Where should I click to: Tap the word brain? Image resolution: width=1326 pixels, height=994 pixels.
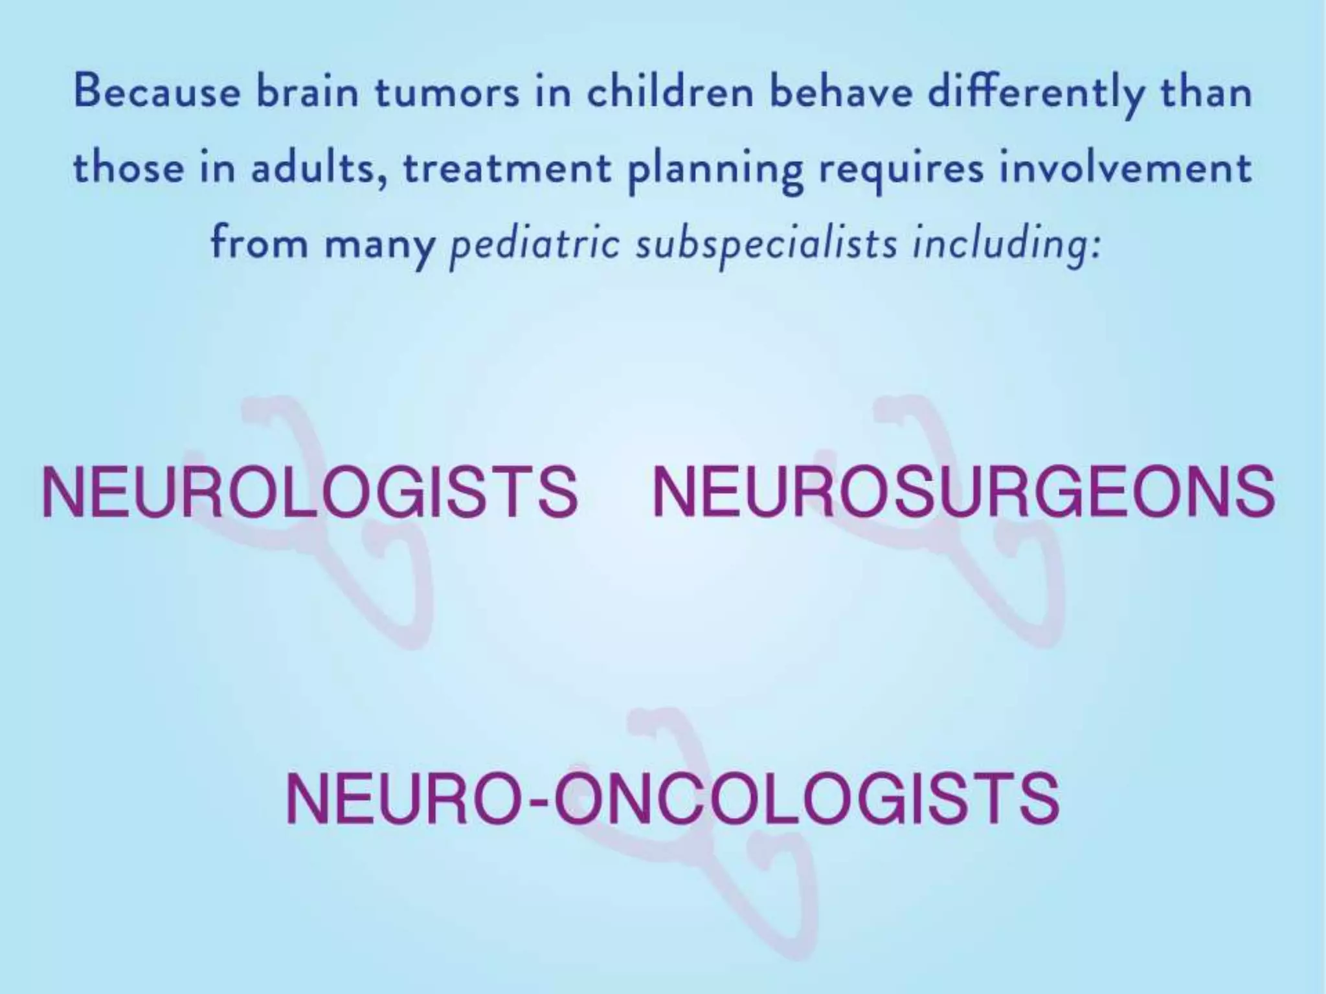click(307, 93)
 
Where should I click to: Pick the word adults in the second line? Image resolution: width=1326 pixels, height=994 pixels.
click(319, 168)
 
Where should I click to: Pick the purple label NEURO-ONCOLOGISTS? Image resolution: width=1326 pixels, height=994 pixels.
click(672, 798)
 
